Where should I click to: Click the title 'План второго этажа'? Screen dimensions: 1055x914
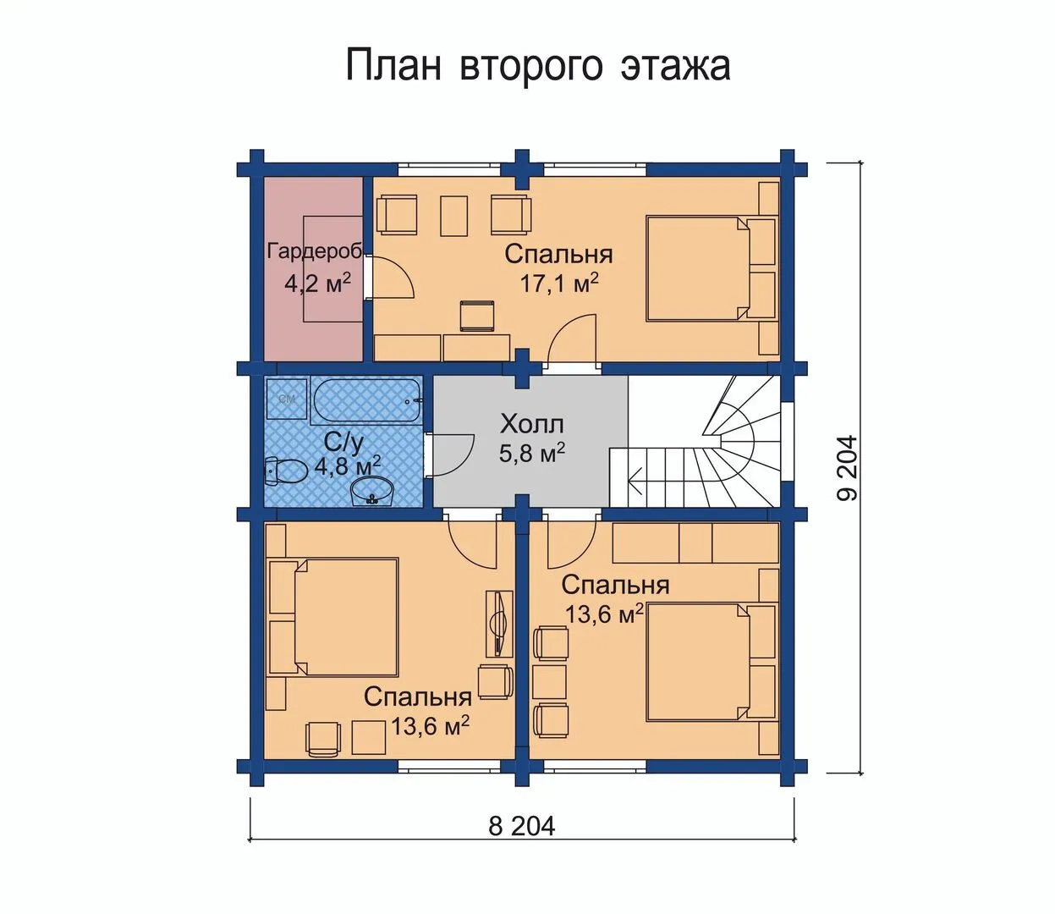[x=538, y=66]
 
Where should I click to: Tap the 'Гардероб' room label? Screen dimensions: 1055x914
[x=316, y=251]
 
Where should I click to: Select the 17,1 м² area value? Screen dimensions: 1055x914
[x=559, y=283]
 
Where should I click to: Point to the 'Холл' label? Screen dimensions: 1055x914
[x=532, y=424]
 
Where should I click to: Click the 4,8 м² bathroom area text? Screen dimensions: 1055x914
[x=348, y=465]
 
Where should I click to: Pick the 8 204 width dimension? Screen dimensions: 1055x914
[x=521, y=825]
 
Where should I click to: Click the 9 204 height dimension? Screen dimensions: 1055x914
[x=848, y=468]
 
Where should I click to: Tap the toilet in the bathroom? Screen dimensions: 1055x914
[x=286, y=471]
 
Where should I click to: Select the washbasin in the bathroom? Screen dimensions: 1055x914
[x=371, y=491]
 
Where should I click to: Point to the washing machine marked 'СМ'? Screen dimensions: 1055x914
[x=286, y=399]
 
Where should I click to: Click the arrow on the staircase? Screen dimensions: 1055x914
[x=636, y=481]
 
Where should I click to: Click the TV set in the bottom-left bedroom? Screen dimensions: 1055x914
[x=498, y=624]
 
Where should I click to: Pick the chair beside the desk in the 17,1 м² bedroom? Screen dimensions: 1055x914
[x=478, y=317]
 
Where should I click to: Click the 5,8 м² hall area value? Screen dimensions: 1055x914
[x=531, y=453]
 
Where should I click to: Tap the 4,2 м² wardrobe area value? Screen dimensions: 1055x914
[x=317, y=283]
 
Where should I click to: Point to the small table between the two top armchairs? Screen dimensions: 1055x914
[x=453, y=216]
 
